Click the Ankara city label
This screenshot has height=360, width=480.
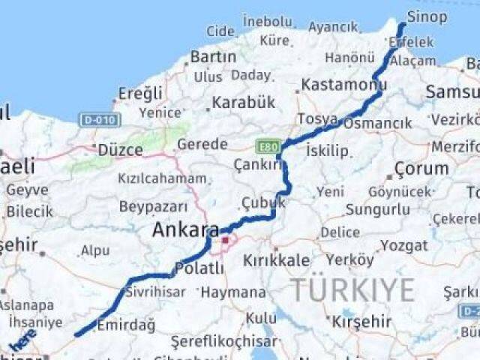click(185, 231)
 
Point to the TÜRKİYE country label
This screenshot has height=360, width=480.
click(352, 289)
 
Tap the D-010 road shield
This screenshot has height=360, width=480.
click(98, 119)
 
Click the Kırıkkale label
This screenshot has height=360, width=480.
click(276, 260)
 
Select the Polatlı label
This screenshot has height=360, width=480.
click(199, 268)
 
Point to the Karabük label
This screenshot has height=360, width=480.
click(243, 103)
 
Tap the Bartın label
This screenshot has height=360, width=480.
click(213, 56)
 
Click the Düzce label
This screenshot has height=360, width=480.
click(120, 150)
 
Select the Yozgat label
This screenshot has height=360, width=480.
click(403, 245)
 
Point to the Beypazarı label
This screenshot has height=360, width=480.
click(153, 205)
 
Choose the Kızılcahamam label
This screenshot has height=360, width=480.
click(162, 178)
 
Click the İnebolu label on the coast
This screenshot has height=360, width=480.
click(267, 22)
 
